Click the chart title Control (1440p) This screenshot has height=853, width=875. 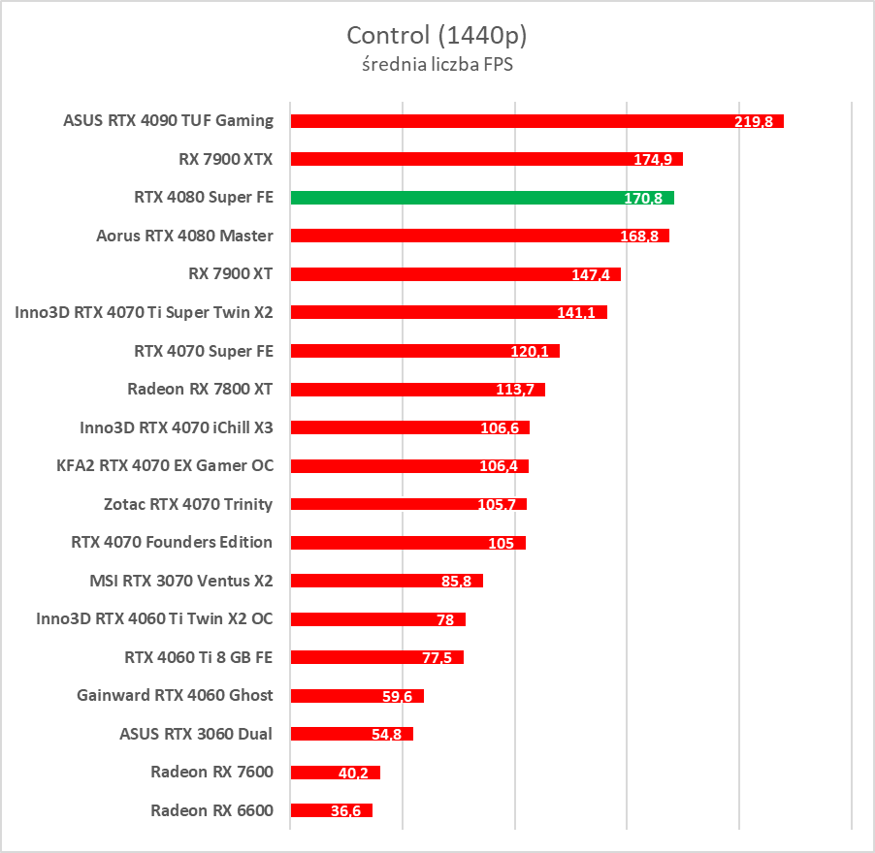tap(437, 36)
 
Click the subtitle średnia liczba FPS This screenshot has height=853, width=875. tap(437, 65)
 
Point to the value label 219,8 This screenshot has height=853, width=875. tap(754, 122)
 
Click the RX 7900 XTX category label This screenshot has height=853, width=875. tap(226, 159)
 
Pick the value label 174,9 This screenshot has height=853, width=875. tap(653, 160)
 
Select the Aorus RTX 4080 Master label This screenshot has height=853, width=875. tap(184, 236)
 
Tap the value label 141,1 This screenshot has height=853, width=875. tap(577, 313)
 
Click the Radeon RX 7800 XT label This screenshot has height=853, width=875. tap(200, 389)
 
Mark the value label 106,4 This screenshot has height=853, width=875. tap(499, 466)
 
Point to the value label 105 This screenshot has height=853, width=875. tap(502, 543)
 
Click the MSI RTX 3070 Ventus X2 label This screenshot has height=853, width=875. tap(180, 581)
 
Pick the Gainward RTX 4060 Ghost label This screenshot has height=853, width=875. tap(175, 695)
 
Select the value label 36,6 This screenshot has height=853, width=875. tap(345, 811)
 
